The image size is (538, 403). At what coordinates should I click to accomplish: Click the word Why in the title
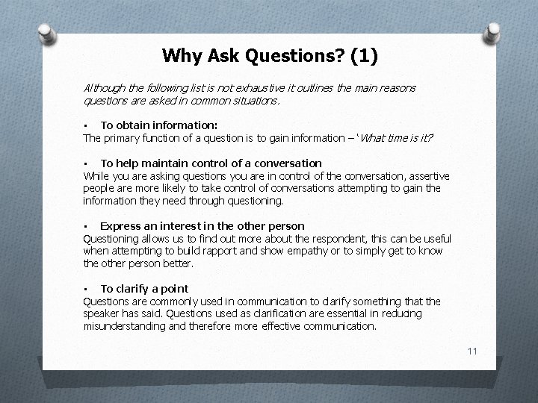pos(178,55)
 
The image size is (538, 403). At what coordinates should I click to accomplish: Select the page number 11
pos(471,351)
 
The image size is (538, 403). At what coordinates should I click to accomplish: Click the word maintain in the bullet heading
pos(167,163)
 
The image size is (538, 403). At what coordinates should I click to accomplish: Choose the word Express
pos(120,226)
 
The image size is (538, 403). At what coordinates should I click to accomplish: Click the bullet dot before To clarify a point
pos(87,289)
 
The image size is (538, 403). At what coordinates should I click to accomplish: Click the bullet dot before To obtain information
pos(87,125)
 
